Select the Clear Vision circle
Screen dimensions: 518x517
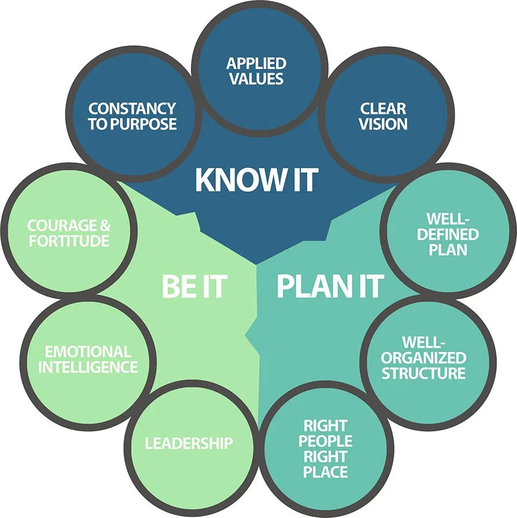pos(383,115)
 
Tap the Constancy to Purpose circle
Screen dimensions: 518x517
pos(133,115)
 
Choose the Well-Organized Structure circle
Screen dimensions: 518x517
pos(424,358)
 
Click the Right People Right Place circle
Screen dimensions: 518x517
pos(325,449)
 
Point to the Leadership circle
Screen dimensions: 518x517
pos(190,443)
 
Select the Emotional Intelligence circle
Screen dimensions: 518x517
pos(88,359)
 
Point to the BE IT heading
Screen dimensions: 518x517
pos(194,286)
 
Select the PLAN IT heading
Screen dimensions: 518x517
pos(330,286)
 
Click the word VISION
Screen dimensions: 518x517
pos(383,123)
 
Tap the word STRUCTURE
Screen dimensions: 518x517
pos(424,373)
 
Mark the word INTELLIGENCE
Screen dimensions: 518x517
pos(88,366)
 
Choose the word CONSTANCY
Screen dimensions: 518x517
pos(132,108)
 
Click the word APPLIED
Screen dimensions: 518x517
pos(256,63)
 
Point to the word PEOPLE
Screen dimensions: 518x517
pos(325,442)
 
